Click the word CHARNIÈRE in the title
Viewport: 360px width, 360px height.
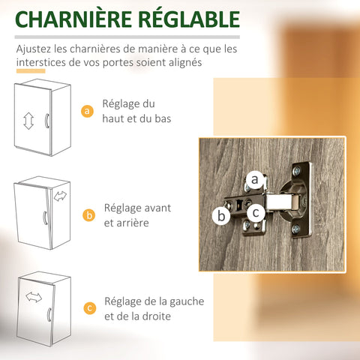[73, 19]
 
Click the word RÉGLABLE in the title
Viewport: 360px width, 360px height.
[189, 19]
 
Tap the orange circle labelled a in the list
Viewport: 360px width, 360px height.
[87, 111]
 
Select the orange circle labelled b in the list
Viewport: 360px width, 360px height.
[89, 215]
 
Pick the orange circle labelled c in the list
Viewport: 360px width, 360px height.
[90, 308]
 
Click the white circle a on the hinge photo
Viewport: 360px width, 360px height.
[255, 179]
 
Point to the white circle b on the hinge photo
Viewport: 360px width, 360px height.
[221, 216]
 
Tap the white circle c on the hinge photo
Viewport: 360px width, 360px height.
[256, 213]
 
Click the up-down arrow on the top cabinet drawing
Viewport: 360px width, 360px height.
[28, 121]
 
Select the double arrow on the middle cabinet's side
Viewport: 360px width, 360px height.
[60, 196]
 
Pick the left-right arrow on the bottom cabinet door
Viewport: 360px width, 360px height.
[34, 297]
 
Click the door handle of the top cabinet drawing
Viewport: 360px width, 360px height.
[46, 121]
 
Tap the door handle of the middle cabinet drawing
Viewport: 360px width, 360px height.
[45, 217]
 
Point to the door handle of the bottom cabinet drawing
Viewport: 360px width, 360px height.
[49, 314]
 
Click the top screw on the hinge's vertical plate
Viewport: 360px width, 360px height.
[297, 171]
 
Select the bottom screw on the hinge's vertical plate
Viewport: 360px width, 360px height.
[296, 229]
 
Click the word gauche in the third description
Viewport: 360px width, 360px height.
[187, 302]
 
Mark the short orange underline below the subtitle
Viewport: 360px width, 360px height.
[31, 71]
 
